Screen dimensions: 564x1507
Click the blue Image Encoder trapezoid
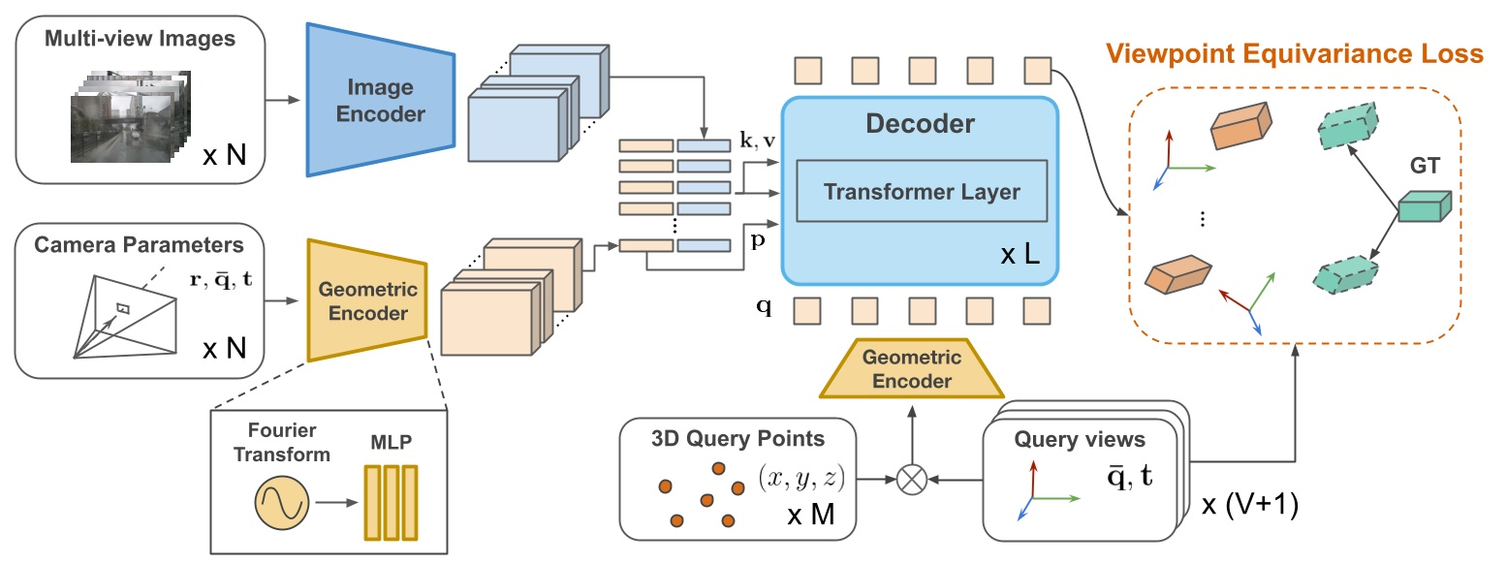pyautogui.click(x=380, y=100)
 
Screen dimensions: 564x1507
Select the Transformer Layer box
pyautogui.click(x=921, y=191)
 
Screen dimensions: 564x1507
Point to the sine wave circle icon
pyautogui.click(x=281, y=504)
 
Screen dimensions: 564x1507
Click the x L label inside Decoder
pyautogui.click(x=1020, y=257)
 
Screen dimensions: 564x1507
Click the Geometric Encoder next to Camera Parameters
pyautogui.click(x=367, y=301)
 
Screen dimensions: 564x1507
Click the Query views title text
pyautogui.click(x=1079, y=439)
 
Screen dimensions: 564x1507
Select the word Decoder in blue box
pyautogui.click(x=921, y=124)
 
